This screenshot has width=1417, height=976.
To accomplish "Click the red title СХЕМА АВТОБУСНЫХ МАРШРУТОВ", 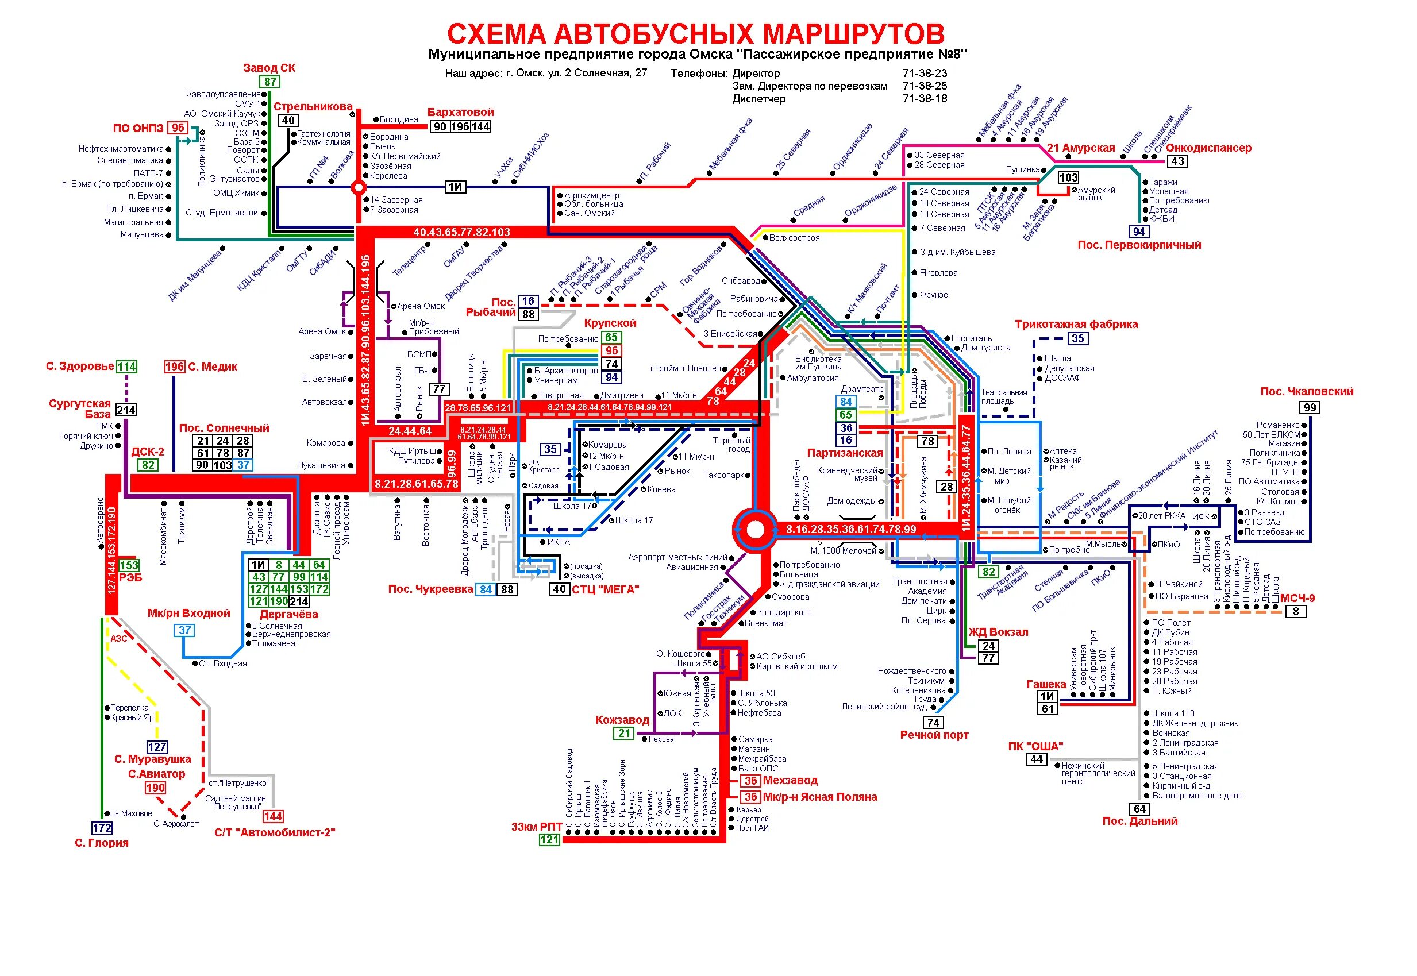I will pyautogui.click(x=695, y=34).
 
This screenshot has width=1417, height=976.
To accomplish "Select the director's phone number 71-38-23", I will pyautogui.click(x=924, y=74).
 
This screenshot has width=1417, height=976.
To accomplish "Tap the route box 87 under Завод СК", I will pyautogui.click(x=270, y=82).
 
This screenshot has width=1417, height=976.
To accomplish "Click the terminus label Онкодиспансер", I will pyautogui.click(x=1208, y=148).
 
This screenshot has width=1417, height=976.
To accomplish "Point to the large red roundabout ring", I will pyautogui.click(x=755, y=530).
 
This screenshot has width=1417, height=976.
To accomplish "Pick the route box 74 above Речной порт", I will pyautogui.click(x=933, y=723).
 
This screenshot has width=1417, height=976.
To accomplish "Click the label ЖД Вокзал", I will pyautogui.click(x=998, y=632).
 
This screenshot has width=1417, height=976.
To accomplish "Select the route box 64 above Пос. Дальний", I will pyautogui.click(x=1139, y=809).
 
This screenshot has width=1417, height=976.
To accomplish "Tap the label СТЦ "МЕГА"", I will pyautogui.click(x=606, y=589).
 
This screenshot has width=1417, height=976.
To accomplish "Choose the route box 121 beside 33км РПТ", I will pyautogui.click(x=549, y=840).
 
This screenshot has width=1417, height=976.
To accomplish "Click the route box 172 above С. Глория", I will pyautogui.click(x=102, y=828).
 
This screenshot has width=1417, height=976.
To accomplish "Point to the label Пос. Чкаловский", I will pyautogui.click(x=1306, y=391).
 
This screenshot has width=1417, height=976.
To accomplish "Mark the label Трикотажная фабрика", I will pyautogui.click(x=1076, y=324).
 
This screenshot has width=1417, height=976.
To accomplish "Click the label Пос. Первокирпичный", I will pyautogui.click(x=1139, y=245).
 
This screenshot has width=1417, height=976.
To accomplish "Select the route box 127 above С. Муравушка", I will pyautogui.click(x=157, y=747).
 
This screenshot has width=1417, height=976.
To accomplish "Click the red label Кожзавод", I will pyautogui.click(x=622, y=720).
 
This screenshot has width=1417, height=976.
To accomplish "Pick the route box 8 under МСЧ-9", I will pyautogui.click(x=1295, y=612).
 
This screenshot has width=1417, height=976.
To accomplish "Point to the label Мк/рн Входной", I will pyautogui.click(x=188, y=614).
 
